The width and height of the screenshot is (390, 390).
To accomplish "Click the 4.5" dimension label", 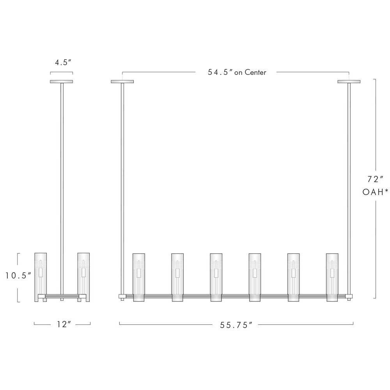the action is [x=63, y=62].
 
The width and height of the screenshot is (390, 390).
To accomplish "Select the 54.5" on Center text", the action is [x=237, y=73].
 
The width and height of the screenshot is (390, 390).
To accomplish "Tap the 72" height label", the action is [x=375, y=179].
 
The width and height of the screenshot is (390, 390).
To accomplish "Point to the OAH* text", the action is [x=375, y=192].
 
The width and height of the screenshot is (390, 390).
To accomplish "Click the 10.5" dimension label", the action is [x=18, y=275].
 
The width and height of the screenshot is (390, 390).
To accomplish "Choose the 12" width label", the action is [x=64, y=324].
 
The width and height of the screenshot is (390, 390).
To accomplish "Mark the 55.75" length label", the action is [x=236, y=325].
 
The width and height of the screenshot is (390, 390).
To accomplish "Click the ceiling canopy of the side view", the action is [x=62, y=82].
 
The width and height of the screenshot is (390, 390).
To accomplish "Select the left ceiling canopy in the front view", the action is [x=122, y=82].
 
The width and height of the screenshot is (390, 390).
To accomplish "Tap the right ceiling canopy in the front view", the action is [x=349, y=82].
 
